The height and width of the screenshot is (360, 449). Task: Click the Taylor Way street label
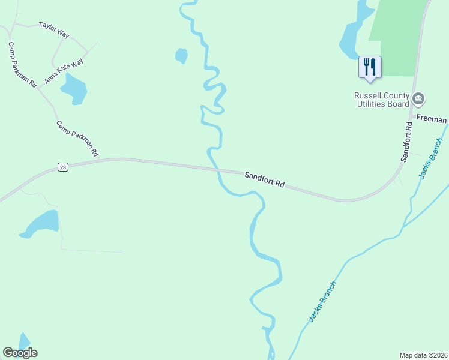tap(53, 30)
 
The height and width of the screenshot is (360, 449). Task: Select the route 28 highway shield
tap(62, 167)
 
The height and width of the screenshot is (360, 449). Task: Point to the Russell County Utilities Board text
tap(381, 100)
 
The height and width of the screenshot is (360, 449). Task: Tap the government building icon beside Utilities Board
tap(419, 98)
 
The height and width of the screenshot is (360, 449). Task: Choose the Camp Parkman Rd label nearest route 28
tap(77, 139)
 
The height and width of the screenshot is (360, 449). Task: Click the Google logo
tap(20, 353)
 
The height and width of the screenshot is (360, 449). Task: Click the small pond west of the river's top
tap(181, 56)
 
